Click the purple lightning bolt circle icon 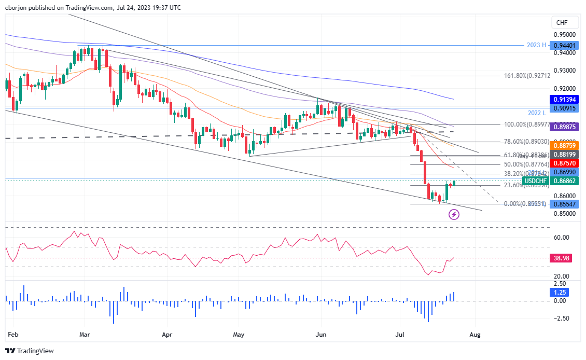point(454,214)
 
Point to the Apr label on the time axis point(166,335)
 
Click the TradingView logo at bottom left point(30,351)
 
